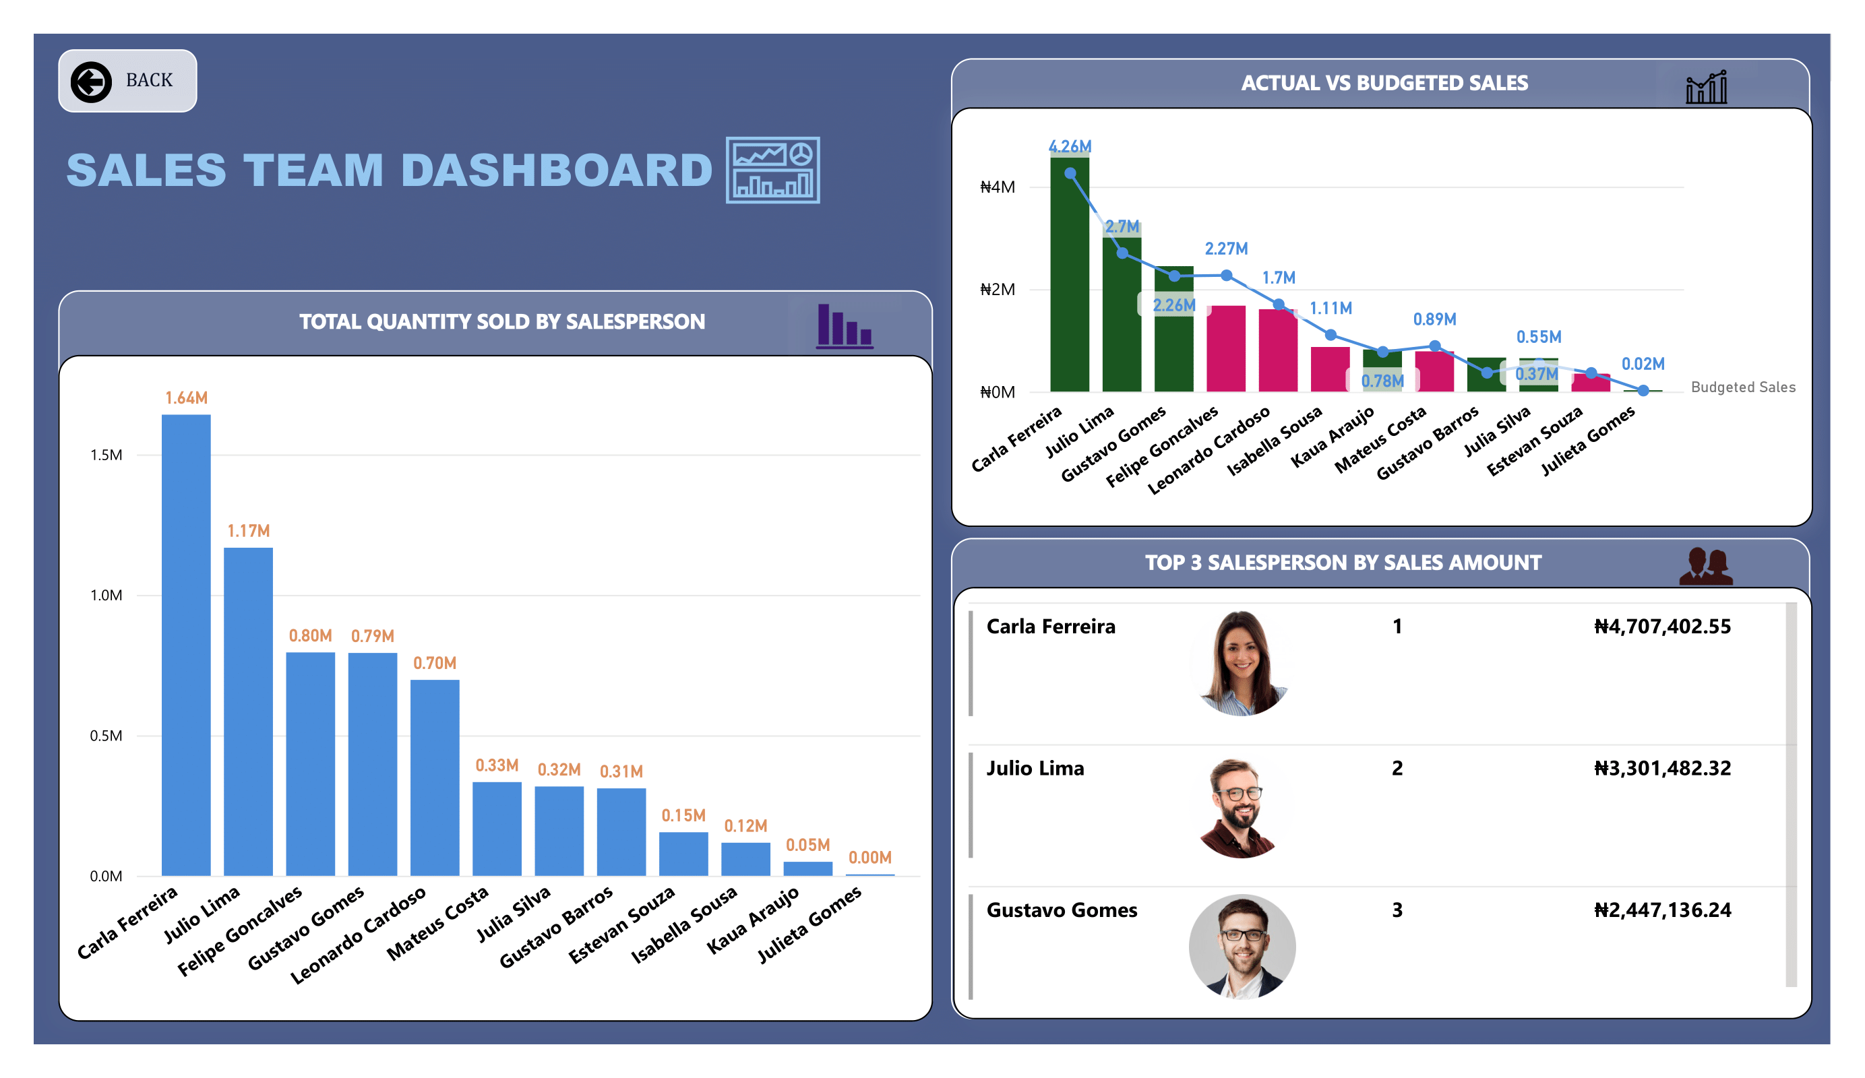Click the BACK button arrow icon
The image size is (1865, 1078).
click(x=91, y=82)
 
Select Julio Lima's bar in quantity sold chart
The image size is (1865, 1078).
click(x=248, y=710)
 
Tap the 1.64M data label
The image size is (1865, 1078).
click(x=187, y=398)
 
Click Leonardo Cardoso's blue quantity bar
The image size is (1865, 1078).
click(x=435, y=777)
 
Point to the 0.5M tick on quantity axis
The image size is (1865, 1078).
click(x=106, y=736)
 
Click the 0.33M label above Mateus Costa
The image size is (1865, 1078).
click(x=497, y=765)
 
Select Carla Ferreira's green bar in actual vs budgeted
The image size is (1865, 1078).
click(x=1070, y=281)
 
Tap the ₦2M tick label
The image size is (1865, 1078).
click(x=997, y=289)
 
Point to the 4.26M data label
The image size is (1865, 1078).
click(x=1070, y=146)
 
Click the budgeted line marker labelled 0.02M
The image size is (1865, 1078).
click(x=1643, y=391)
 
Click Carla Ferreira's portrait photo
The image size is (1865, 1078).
click(x=1242, y=663)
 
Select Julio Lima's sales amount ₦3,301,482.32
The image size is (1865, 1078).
click(x=1661, y=768)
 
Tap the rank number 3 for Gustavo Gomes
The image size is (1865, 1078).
click(x=1397, y=910)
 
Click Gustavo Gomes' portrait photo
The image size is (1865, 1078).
click(x=1242, y=947)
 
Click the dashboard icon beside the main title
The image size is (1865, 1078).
click(x=772, y=170)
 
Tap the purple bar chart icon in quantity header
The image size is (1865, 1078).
click(x=845, y=325)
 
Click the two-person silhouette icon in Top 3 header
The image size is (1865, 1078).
click(x=1705, y=567)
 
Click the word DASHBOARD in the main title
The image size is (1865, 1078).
click(x=557, y=170)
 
